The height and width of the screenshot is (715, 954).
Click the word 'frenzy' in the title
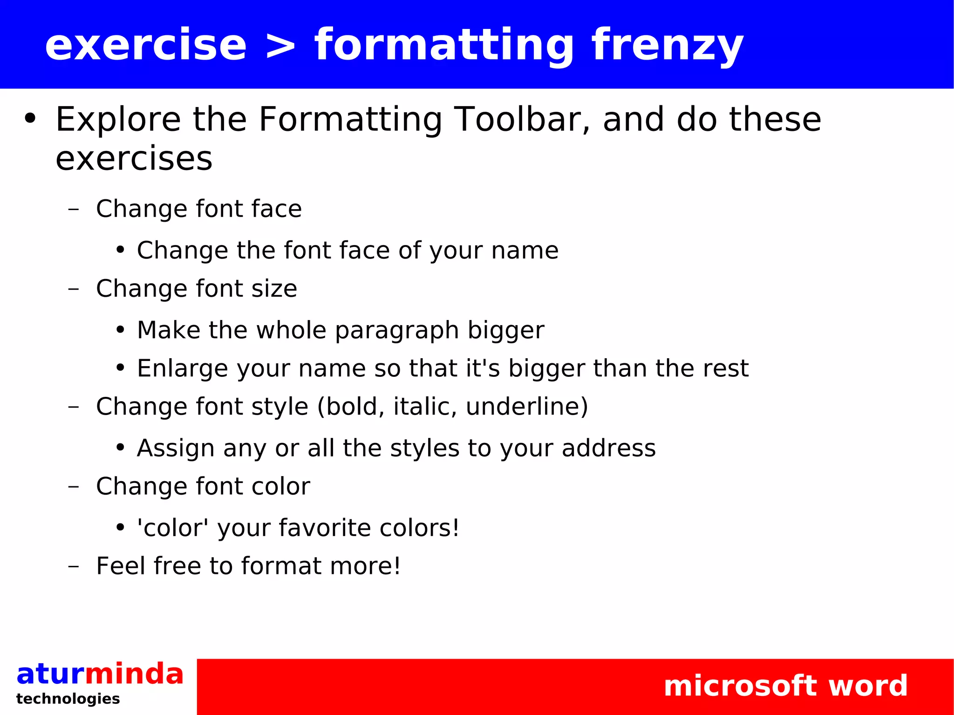pos(667,45)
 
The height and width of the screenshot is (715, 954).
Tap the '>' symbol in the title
pos(280,46)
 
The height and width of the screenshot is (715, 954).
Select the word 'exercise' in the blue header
pos(146,45)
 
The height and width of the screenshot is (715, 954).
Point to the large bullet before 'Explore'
pos(30,119)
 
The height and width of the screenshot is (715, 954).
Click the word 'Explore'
pos(118,120)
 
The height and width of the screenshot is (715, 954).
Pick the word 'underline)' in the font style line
pos(527,406)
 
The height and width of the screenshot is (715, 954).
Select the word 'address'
pos(608,448)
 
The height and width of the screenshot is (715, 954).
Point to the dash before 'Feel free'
pos(73,566)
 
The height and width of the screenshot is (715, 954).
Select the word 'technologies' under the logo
pos(68,699)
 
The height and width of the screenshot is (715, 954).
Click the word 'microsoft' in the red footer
pos(740,686)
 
